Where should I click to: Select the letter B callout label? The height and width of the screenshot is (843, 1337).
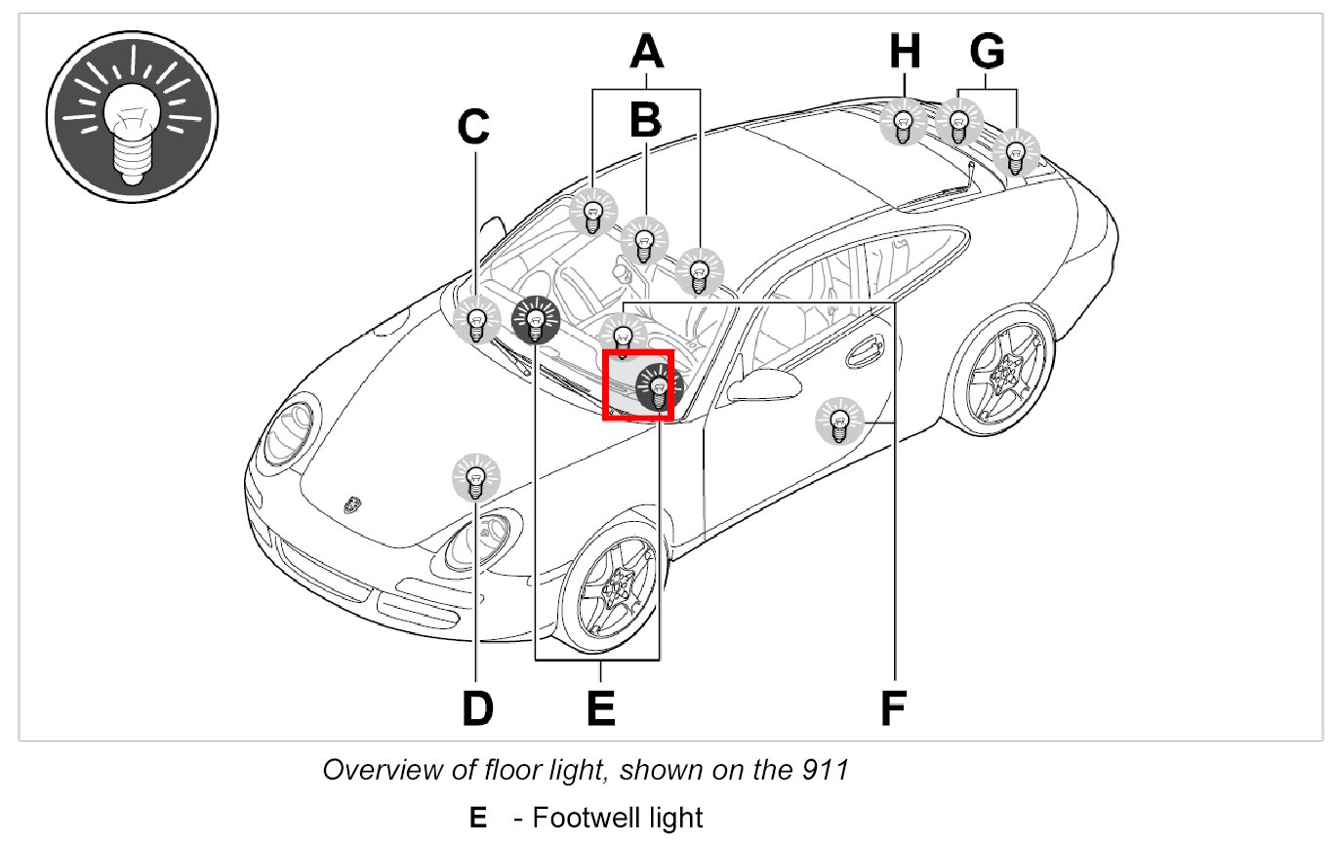coord(645,120)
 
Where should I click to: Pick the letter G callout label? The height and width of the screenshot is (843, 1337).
coord(988,52)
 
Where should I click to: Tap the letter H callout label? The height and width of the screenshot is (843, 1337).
coord(905,52)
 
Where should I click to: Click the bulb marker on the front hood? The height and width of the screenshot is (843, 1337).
coord(475,478)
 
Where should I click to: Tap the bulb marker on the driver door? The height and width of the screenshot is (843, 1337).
coord(837,421)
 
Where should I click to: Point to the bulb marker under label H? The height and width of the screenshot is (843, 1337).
coord(904,125)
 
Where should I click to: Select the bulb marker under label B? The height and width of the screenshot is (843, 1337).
coord(643,240)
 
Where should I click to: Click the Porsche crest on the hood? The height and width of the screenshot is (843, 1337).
coord(351,503)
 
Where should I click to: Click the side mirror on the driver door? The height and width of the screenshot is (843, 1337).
coord(761,383)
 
